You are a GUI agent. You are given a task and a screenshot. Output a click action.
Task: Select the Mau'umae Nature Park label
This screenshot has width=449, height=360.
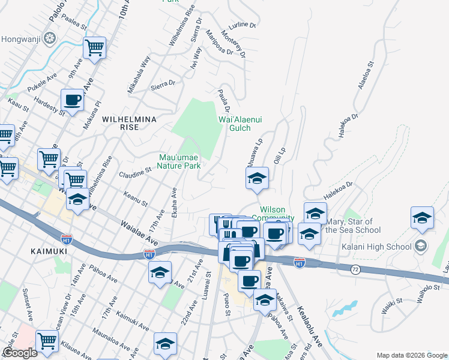pos(179,162)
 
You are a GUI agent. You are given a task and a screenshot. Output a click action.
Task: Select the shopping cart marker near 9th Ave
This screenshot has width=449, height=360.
pos(95,47)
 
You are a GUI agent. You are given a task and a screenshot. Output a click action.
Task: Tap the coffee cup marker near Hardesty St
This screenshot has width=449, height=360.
pos(73,100)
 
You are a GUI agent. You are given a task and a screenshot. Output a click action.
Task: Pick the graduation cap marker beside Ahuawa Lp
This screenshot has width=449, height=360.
pos(257,178)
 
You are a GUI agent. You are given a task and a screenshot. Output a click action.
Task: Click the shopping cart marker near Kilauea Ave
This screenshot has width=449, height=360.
pos(47,340)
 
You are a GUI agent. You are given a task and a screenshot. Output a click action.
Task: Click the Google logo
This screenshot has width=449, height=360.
pos(20,353)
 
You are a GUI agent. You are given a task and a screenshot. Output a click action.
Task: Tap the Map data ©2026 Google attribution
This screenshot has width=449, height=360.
pos(411,355)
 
